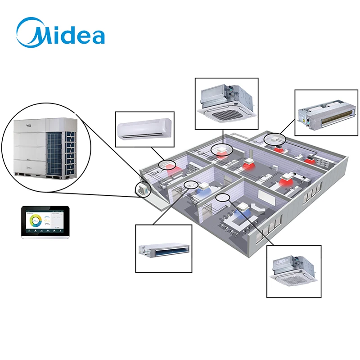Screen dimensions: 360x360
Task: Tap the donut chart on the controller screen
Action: (35, 221)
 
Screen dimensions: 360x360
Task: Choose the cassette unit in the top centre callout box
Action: (226, 103)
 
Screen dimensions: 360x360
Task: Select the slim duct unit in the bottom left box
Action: (163, 249)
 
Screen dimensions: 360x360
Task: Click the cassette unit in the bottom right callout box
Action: (293, 270)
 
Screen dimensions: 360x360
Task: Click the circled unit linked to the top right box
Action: (274, 139)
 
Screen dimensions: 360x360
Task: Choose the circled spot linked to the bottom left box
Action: (192, 184)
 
